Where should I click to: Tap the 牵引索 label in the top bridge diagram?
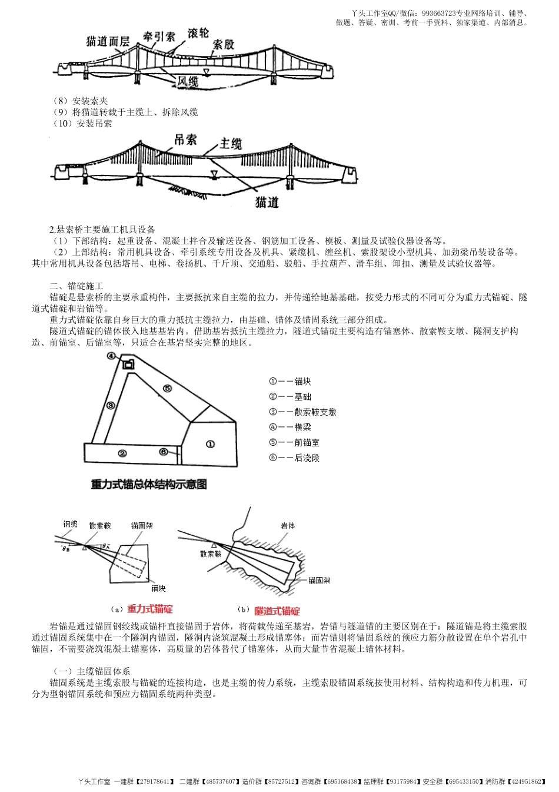159,37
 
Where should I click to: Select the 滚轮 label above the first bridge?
198,33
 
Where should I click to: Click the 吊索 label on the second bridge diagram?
185,140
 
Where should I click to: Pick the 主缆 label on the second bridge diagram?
231,143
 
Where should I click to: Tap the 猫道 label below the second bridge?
267,202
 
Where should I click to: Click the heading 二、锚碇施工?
76,286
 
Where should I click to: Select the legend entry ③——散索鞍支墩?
302,412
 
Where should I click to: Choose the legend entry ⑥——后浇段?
294,458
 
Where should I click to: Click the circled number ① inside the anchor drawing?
210,444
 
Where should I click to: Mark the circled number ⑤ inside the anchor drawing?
167,388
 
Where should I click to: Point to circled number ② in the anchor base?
122,453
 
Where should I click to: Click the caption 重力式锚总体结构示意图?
149,484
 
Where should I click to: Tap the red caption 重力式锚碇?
150,609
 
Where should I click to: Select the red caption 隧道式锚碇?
277,611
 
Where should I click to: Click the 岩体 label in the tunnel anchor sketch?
288,525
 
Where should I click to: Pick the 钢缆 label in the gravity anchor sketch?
70,523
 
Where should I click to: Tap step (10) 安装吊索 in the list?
82,123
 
